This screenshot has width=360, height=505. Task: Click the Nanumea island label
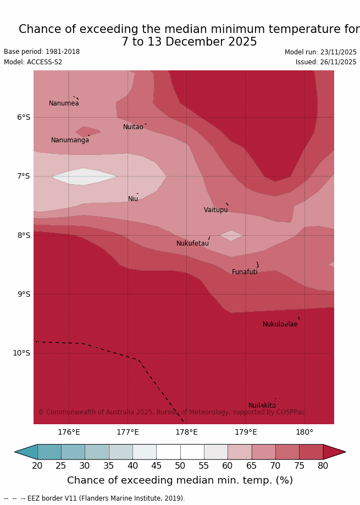pos(64,103)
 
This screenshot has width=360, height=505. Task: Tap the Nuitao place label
pos(133,127)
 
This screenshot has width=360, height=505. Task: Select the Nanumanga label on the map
pos(70,140)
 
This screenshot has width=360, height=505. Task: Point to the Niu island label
pos(133,199)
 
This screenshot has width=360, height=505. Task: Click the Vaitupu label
pos(215,210)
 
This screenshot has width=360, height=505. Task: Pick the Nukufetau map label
pos(192,243)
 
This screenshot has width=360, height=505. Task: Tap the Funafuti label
pos(245,272)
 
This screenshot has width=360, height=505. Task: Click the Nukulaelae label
pos(280,324)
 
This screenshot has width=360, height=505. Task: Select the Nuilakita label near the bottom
pos(262,406)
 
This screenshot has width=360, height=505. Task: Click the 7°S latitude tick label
pos(24,176)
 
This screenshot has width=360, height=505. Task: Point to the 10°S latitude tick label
pos(21,353)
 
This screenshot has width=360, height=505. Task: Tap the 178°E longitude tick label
pos(186,432)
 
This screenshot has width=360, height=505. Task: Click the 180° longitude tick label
pos(304,432)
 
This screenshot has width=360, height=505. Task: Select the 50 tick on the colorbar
pos(180,466)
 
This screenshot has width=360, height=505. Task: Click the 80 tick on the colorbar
pos(323,466)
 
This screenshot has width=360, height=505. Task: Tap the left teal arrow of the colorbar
pos(25,452)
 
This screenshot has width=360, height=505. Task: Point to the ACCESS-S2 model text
pos(33,62)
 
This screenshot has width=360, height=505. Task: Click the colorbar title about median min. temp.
pos(180,481)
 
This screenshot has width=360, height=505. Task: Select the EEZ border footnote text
pos(95,498)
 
